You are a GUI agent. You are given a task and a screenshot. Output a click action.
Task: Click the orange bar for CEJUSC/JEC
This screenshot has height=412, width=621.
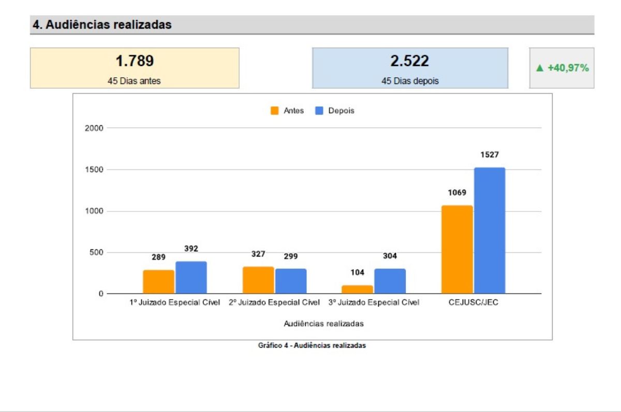pyautogui.click(x=457, y=250)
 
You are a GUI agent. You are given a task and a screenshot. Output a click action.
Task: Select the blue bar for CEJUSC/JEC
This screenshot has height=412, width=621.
pyautogui.click(x=490, y=231)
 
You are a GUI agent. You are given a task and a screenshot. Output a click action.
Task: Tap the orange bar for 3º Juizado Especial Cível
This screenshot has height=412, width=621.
pyautogui.click(x=358, y=289)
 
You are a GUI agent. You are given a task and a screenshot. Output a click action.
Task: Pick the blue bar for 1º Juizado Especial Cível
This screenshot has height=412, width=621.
pyautogui.click(x=191, y=277)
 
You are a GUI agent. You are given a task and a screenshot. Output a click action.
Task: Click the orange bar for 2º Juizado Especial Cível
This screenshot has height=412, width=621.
pyautogui.click(x=258, y=280)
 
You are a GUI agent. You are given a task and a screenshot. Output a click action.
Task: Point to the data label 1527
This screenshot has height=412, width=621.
pyautogui.click(x=489, y=155)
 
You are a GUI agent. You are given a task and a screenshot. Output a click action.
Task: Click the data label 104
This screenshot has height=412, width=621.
pyautogui.click(x=358, y=272)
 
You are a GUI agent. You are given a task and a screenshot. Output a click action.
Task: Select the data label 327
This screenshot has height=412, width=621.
pyautogui.click(x=258, y=254)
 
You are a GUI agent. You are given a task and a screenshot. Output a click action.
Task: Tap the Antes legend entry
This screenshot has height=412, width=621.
pyautogui.click(x=287, y=111)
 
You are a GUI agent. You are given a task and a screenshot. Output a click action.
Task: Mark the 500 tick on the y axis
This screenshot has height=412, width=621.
pyautogui.click(x=96, y=252)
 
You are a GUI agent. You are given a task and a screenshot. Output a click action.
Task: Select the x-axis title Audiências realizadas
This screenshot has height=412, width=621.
pyautogui.click(x=323, y=323)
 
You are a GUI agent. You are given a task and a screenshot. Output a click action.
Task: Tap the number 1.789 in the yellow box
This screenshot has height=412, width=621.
pyautogui.click(x=135, y=62)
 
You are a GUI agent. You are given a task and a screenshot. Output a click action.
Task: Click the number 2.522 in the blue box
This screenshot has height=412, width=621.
pyautogui.click(x=409, y=62)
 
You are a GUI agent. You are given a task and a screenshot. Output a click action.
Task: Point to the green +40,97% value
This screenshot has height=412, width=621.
pyautogui.click(x=562, y=68)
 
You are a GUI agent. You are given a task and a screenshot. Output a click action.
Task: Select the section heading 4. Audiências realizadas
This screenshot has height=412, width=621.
pyautogui.click(x=102, y=24)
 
